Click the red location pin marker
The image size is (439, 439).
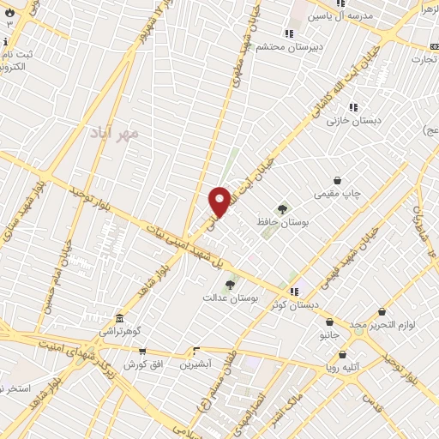(219, 201)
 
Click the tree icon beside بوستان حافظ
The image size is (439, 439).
(281, 208)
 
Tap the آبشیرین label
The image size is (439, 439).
(195, 364)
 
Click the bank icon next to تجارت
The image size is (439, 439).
(430, 45)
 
